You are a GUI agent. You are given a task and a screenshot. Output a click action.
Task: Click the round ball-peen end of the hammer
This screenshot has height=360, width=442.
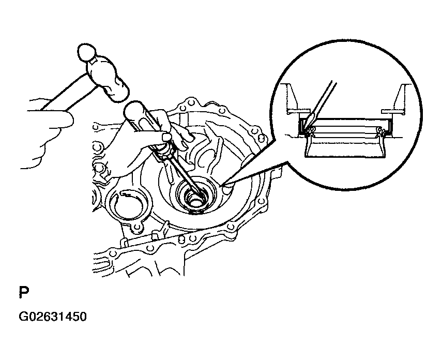point(86,52)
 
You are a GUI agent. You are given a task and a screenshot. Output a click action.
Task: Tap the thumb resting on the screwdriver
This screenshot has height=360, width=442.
point(178,137)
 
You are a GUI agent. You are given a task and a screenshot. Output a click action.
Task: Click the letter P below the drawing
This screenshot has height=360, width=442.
point(24,292)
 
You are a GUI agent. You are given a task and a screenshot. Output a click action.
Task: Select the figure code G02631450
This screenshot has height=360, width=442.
point(53,317)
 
